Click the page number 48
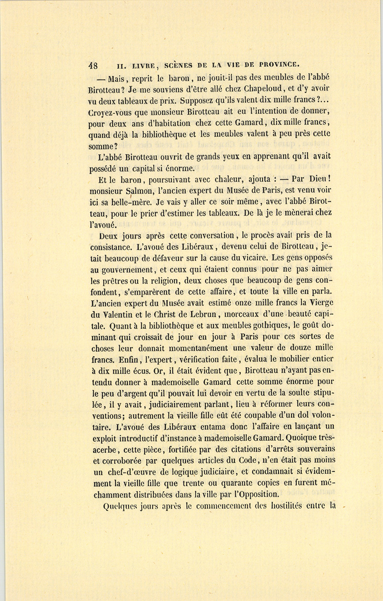[x=93, y=66]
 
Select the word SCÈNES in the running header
[x=178, y=65]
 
